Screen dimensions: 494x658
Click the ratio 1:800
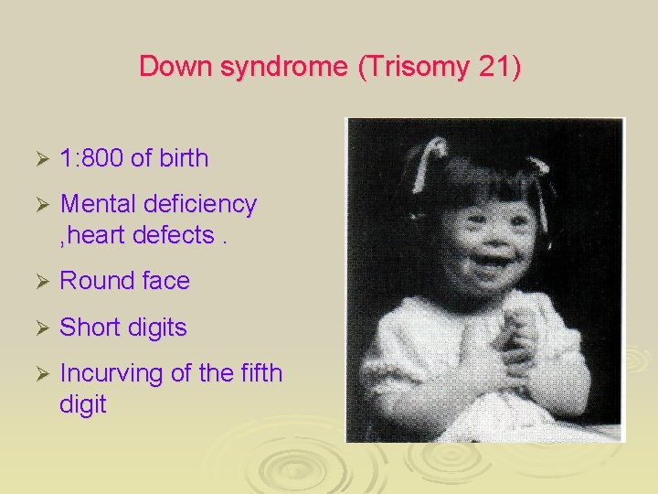92,158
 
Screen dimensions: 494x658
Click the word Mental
98,204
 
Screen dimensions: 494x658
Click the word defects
176,235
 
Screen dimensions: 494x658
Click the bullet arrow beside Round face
39,282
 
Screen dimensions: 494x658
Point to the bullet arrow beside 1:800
39,159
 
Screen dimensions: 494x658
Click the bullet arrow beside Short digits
39,328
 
